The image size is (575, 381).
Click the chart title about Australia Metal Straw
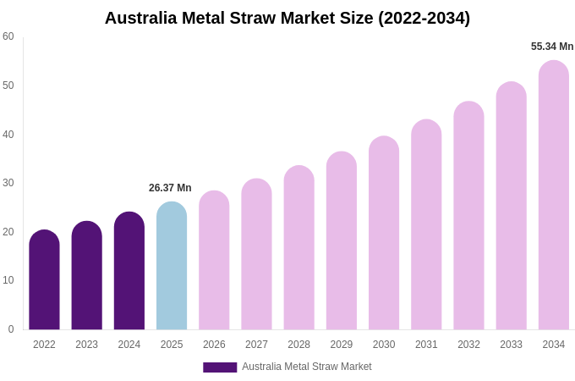[x=287, y=18]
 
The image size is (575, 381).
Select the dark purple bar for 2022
[x=44, y=280]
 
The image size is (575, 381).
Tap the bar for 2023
[x=87, y=276]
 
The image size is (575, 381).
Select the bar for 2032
[x=468, y=216]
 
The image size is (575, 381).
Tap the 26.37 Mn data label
[x=170, y=188]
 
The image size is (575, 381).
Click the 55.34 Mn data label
[x=552, y=47]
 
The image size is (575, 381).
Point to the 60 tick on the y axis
[x=8, y=36]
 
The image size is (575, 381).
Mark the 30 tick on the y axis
[x=8, y=183]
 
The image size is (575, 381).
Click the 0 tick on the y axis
[x=11, y=329]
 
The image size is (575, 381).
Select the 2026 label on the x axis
[x=214, y=345]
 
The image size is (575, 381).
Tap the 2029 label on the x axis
[x=342, y=345]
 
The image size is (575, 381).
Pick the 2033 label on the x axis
[x=511, y=345]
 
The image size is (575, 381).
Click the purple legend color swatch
[x=220, y=367]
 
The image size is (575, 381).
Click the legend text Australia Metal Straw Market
[x=307, y=367]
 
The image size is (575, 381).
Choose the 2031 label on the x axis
[x=426, y=345]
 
